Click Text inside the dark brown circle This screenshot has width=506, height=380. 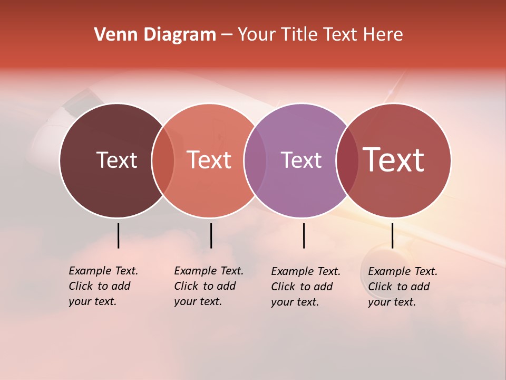116,160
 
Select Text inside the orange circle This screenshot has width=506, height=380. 209,160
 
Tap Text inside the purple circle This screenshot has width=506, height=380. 301,160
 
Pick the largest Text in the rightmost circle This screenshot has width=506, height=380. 394,160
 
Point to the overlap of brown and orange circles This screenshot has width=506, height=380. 163,160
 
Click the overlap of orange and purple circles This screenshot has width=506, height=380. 255,160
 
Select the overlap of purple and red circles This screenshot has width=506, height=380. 347,160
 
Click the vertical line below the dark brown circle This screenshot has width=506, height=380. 119,235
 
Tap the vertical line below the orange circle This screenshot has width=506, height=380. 211,235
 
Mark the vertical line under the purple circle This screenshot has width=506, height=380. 304,235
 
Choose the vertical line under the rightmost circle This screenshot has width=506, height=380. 393,235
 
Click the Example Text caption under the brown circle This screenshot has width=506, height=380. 103,286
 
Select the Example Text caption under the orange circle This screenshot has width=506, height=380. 208,286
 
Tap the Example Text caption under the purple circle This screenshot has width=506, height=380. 305,287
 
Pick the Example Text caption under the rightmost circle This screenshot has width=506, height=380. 402,287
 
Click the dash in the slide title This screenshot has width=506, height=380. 227,35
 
